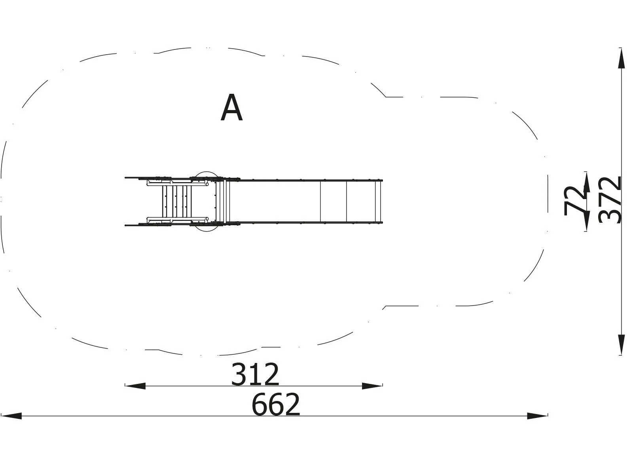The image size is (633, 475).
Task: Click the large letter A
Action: point(231,108)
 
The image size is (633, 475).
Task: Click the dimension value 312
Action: point(255,374)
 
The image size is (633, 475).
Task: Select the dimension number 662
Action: point(276,404)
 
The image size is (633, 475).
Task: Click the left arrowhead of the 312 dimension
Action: point(135,386)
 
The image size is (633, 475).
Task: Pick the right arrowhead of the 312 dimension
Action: point(372,386)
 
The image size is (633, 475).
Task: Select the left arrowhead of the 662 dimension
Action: point(11,416)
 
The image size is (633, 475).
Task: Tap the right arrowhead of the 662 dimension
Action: point(537,416)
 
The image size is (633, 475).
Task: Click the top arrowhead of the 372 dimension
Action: point(622,58)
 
